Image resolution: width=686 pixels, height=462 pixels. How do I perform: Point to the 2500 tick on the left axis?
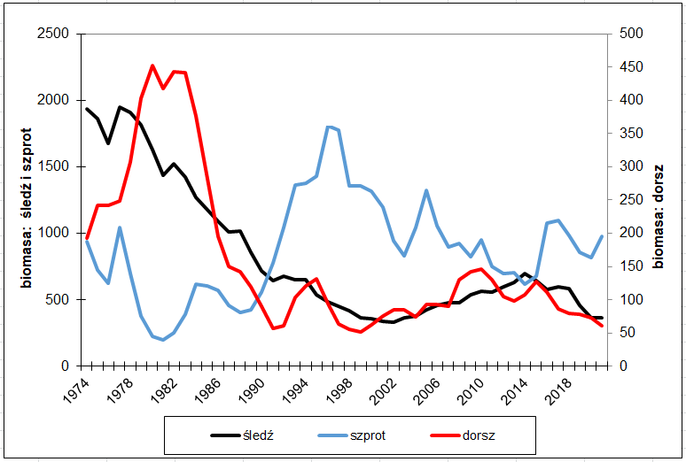point(55,34)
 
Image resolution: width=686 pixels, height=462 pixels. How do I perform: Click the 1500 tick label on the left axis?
point(55,166)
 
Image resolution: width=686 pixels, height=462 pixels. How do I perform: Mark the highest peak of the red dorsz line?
point(152,65)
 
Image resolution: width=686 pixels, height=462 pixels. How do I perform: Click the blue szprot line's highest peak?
point(328,127)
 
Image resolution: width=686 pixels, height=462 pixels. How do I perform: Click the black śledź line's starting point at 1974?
point(87,109)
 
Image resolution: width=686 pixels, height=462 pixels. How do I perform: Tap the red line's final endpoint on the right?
point(602,326)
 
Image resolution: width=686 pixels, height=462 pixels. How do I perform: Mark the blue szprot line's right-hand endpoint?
point(602,236)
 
